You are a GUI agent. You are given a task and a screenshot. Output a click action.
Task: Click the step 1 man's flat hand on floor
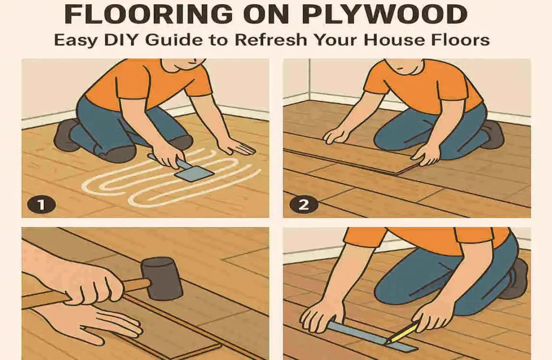coord(237,146)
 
